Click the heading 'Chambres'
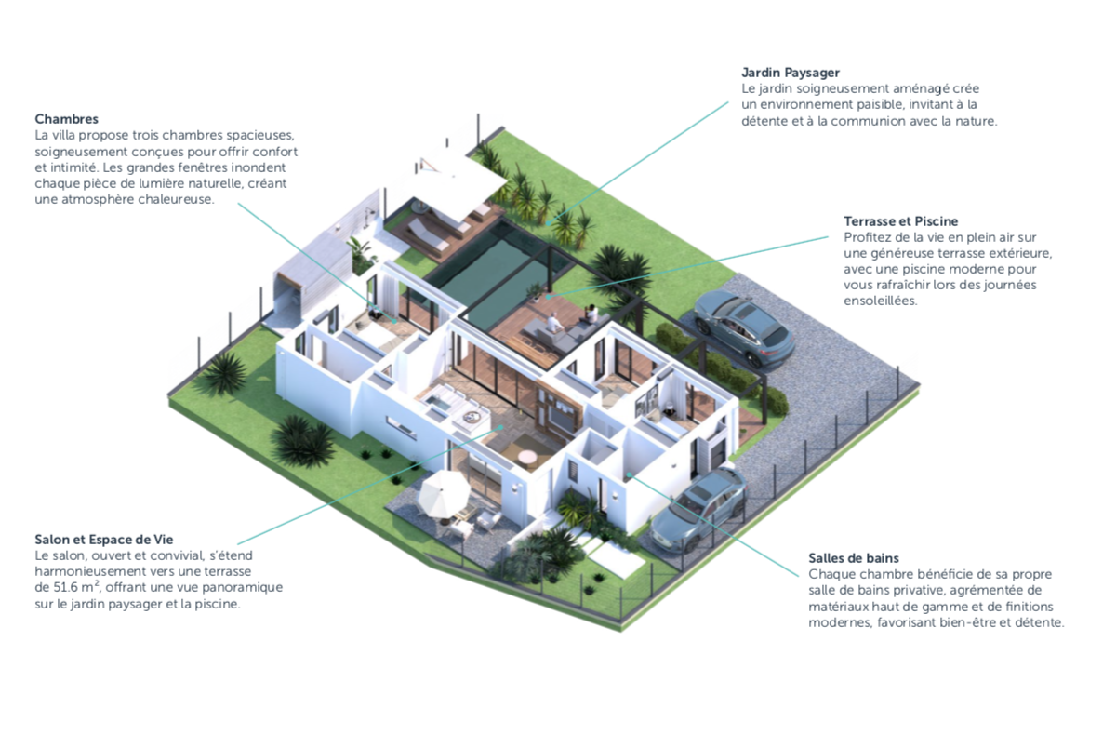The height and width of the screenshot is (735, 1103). point(66,119)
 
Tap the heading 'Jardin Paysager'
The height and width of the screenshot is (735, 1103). point(791,72)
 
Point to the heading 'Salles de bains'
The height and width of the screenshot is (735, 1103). point(853,558)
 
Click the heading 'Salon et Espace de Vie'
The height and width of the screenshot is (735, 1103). point(103,540)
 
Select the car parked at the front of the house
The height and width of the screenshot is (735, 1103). point(698,508)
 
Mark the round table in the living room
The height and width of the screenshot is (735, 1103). point(526,458)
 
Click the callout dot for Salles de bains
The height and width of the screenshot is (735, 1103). point(630,474)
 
